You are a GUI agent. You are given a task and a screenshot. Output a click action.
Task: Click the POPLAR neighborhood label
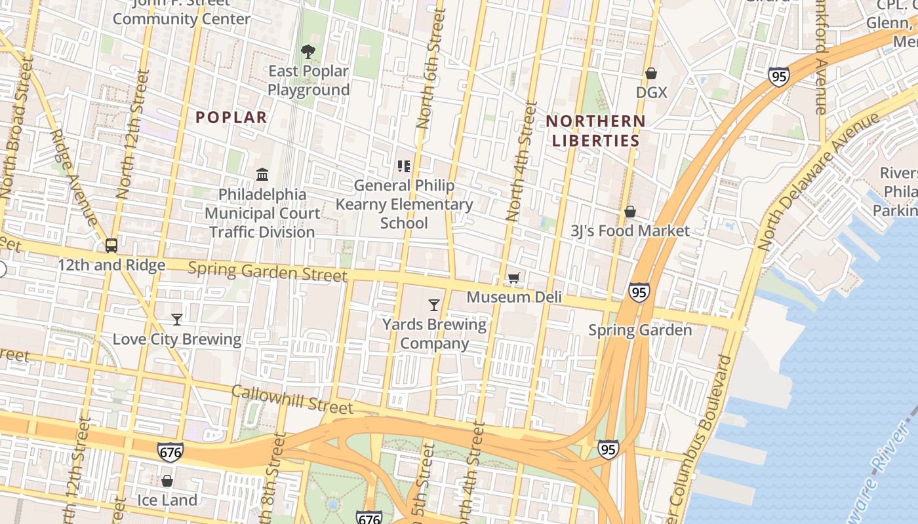point(231,118)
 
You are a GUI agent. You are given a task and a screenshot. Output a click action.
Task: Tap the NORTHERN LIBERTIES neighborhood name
point(595,130)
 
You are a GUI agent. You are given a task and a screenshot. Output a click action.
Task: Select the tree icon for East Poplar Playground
point(308,51)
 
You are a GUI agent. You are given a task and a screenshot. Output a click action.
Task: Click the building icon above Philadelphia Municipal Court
point(263,174)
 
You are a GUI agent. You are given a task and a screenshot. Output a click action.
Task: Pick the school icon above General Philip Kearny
point(403,166)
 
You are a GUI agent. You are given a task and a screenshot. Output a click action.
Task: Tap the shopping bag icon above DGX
point(651,73)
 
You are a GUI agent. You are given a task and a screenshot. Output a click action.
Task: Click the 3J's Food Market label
point(629,231)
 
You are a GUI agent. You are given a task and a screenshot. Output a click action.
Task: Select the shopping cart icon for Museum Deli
point(514,278)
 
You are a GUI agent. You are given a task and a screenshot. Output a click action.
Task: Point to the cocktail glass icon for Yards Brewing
point(434,305)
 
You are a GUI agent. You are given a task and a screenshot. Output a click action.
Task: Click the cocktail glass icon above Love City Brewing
point(176,320)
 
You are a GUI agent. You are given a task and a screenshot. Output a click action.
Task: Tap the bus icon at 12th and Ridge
point(111,246)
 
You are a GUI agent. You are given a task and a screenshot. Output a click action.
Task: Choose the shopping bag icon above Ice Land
point(167,481)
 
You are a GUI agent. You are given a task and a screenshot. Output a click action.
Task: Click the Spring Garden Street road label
point(268,271)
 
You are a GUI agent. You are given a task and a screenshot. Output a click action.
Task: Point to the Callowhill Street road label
point(292,399)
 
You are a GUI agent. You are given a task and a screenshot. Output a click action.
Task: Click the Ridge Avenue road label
point(75,177)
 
